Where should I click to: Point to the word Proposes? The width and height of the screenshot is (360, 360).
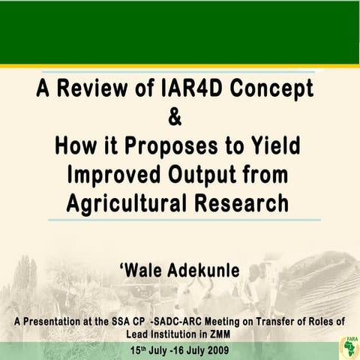[x=172, y=145]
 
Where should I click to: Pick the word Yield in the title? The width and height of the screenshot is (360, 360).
[x=281, y=145]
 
